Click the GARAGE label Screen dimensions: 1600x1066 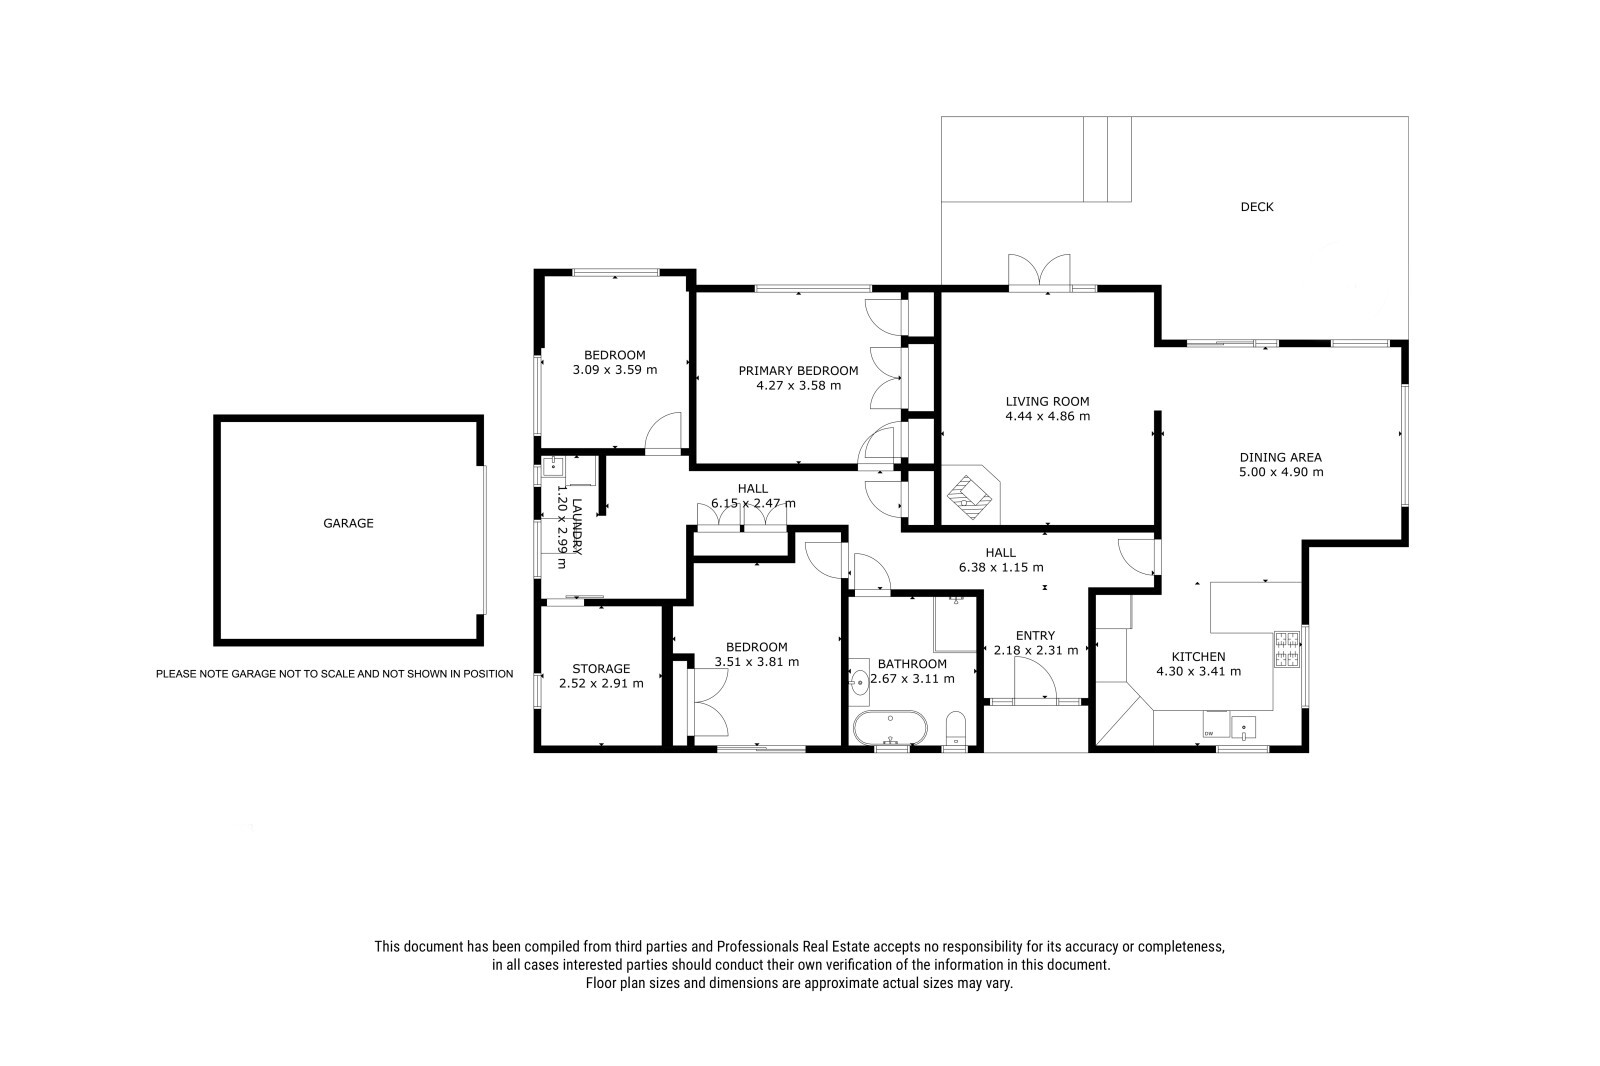coord(348,523)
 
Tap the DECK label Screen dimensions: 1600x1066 coord(1256,206)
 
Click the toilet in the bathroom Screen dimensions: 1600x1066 coord(955,729)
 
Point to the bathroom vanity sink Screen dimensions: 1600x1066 coord(859,678)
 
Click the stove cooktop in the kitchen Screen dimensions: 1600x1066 coord(1287,649)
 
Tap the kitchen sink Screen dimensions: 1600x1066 coord(1243,727)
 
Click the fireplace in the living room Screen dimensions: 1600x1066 coord(970,494)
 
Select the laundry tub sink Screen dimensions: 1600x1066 coord(554,467)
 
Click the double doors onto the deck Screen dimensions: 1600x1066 coord(1039,272)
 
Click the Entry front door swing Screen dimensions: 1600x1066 coord(1035,679)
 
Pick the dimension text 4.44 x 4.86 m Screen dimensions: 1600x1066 coord(1048,416)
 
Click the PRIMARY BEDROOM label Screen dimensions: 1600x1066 coord(799,370)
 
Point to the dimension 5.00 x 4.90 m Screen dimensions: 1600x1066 coord(1281,472)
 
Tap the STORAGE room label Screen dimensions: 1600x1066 coord(601,668)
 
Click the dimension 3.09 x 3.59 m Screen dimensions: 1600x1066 coord(615,369)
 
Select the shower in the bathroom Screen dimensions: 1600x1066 coord(956,623)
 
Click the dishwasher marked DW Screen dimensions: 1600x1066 coord(1216,724)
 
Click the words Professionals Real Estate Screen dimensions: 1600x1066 coord(793,947)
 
